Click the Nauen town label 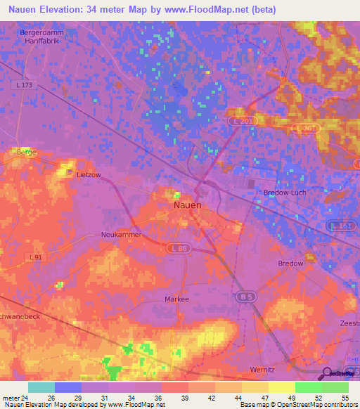coord(187,205)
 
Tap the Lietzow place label coord(89,177)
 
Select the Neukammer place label coord(121,235)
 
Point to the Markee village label coord(176,299)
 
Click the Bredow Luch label coord(282,193)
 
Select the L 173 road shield coord(22,85)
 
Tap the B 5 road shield coord(244,298)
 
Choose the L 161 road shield coord(339,226)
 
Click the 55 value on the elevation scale coord(344,397)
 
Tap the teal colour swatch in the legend coord(41,387)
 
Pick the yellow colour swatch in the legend coord(281,387)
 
